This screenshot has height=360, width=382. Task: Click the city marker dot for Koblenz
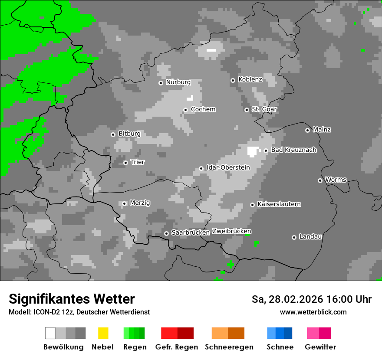[233, 80]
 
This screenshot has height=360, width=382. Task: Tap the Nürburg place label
[178, 82]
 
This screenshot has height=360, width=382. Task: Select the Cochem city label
[203, 109]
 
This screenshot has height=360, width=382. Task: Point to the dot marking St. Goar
[247, 110]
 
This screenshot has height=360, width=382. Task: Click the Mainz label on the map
[322, 130]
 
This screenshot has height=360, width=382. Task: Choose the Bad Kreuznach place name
[293, 150]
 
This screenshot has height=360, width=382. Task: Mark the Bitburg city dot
[113, 134]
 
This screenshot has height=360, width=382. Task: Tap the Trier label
[138, 162]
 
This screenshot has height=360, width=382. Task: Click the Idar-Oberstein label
[228, 168]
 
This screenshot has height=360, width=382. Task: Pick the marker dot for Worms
[320, 180]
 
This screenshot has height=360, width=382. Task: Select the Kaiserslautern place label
[279, 204]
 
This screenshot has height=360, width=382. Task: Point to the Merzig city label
[140, 203]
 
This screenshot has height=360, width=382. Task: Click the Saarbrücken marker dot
[166, 233]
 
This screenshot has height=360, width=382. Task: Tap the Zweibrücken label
[231, 232]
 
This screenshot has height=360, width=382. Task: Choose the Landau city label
[310, 237]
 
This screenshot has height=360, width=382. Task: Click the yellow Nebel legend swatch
[103, 333]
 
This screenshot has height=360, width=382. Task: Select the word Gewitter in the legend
[320, 347]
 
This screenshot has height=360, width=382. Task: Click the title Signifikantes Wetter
[72, 299]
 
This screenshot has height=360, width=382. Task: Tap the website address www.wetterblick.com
[313, 312]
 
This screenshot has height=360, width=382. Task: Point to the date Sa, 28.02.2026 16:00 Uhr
[311, 300]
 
